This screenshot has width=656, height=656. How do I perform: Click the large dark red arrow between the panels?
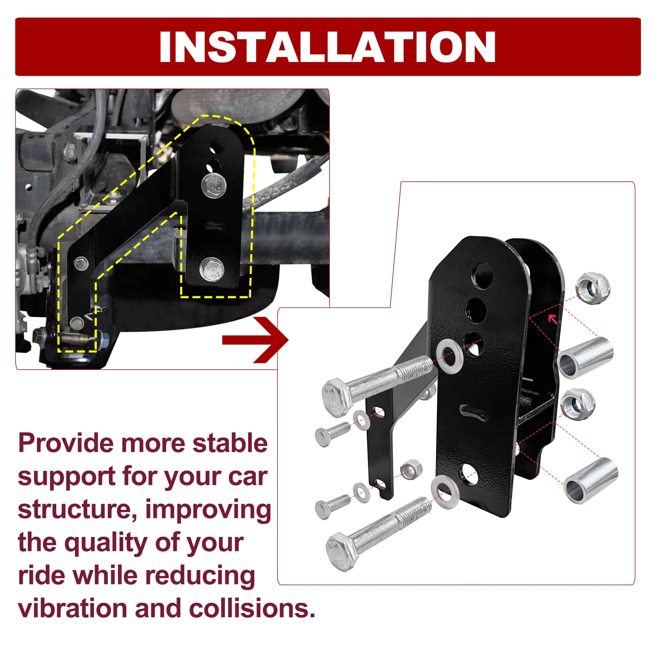[255, 340]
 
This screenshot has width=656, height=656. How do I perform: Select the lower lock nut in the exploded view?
[578, 404]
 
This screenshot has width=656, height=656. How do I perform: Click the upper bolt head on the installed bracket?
[213, 185]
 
